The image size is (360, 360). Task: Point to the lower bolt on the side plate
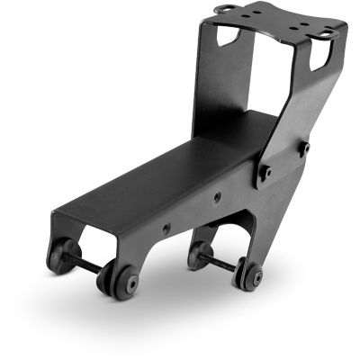(265, 172)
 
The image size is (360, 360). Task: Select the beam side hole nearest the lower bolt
(218, 197)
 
